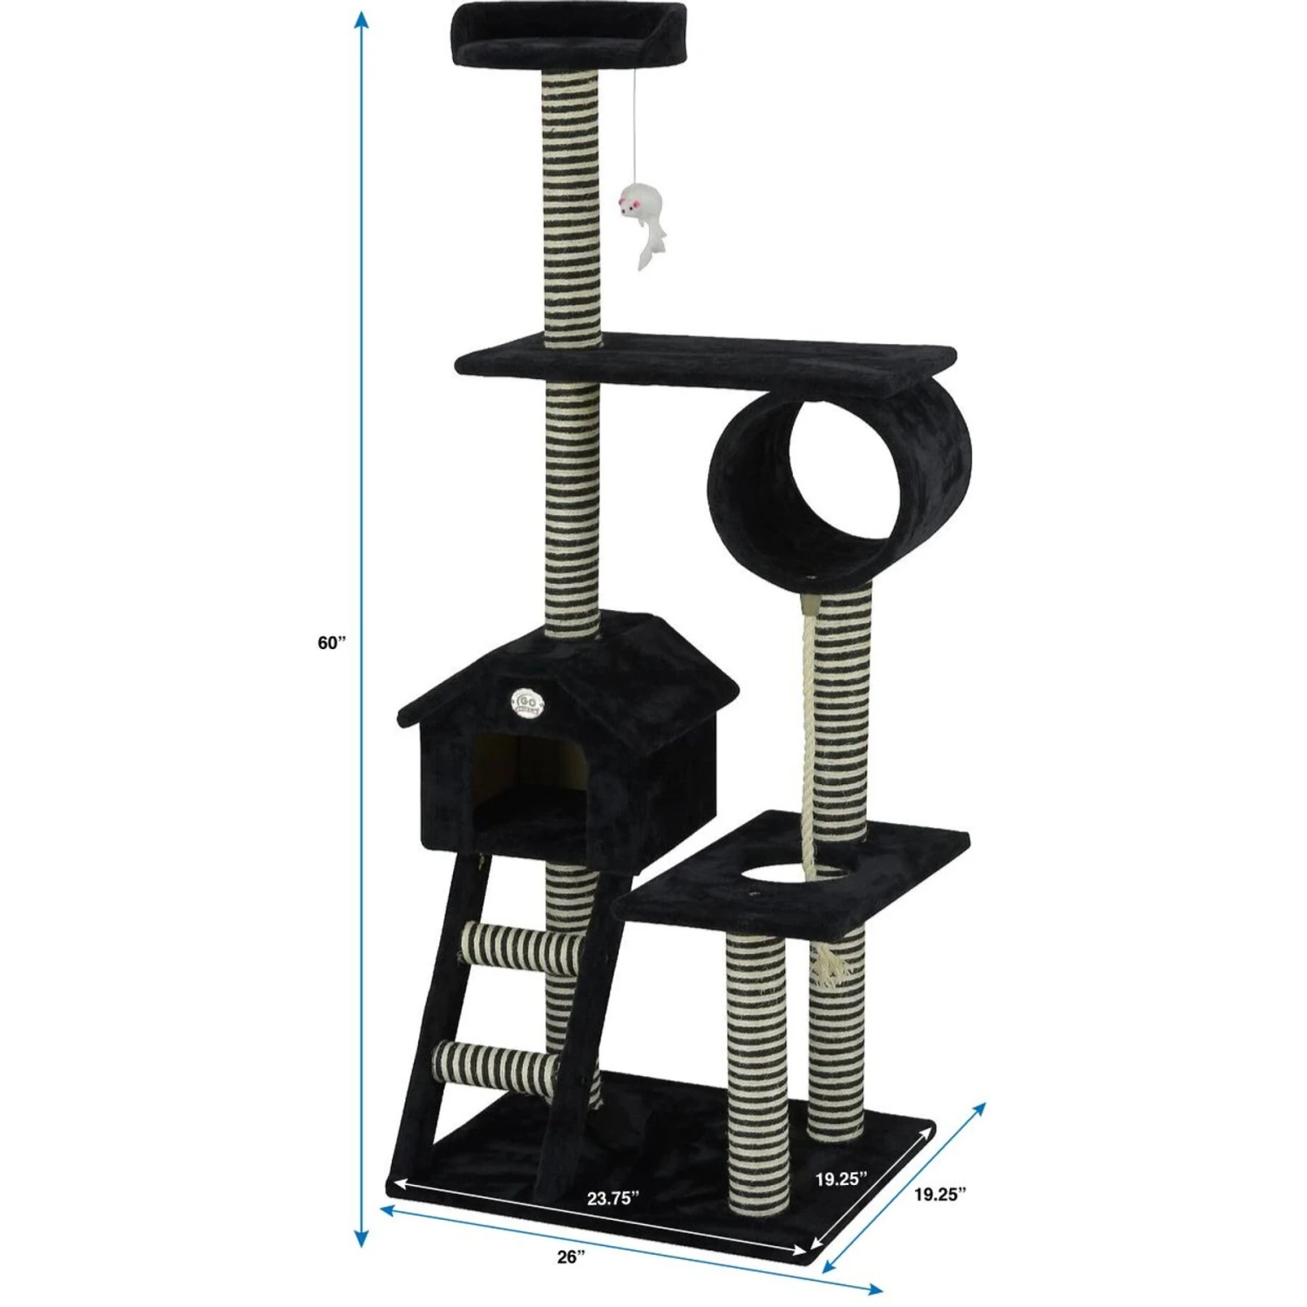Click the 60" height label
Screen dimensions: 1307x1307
pyautogui.click(x=331, y=643)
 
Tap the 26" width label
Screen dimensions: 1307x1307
pyautogui.click(x=570, y=1256)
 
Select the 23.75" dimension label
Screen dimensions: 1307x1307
pyautogui.click(x=613, y=1197)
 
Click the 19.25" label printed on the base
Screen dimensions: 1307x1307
pyautogui.click(x=841, y=1179)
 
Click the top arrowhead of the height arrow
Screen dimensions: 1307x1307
pyautogui.click(x=360, y=22)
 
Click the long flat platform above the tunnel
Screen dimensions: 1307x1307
pyautogui.click(x=706, y=366)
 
